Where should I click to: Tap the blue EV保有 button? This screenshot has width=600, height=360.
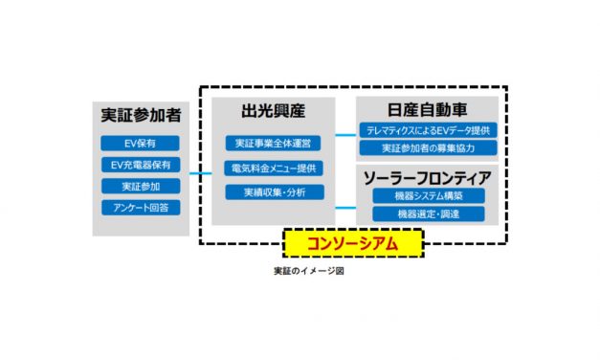pos(141,144)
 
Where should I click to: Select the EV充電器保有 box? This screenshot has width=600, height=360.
pos(141,165)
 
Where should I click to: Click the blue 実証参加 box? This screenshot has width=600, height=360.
pos(141,186)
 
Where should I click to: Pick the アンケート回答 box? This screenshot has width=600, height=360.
pos(141,207)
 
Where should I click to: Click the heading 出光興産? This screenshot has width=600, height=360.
pos(273,112)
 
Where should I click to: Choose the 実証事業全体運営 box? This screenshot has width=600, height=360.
pos(273,144)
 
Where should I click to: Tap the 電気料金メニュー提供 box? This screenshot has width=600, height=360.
pos(273,169)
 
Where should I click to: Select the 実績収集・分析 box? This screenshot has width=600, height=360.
pos(273,192)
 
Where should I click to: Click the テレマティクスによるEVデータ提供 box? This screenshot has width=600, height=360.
pos(428,130)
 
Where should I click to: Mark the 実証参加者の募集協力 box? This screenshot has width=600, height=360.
pos(428,148)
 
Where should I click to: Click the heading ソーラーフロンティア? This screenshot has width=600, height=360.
pos(428,177)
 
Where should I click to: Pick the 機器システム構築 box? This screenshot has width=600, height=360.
pos(428,196)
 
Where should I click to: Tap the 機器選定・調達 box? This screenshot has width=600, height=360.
pos(428,214)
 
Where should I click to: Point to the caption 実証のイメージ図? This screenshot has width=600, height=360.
pos(308,272)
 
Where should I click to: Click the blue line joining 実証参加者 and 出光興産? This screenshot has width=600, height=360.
pos(199,173)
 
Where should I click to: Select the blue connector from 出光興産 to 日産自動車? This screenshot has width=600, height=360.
pos(344,135)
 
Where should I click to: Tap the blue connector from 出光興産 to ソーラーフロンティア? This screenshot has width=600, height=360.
pos(344,205)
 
